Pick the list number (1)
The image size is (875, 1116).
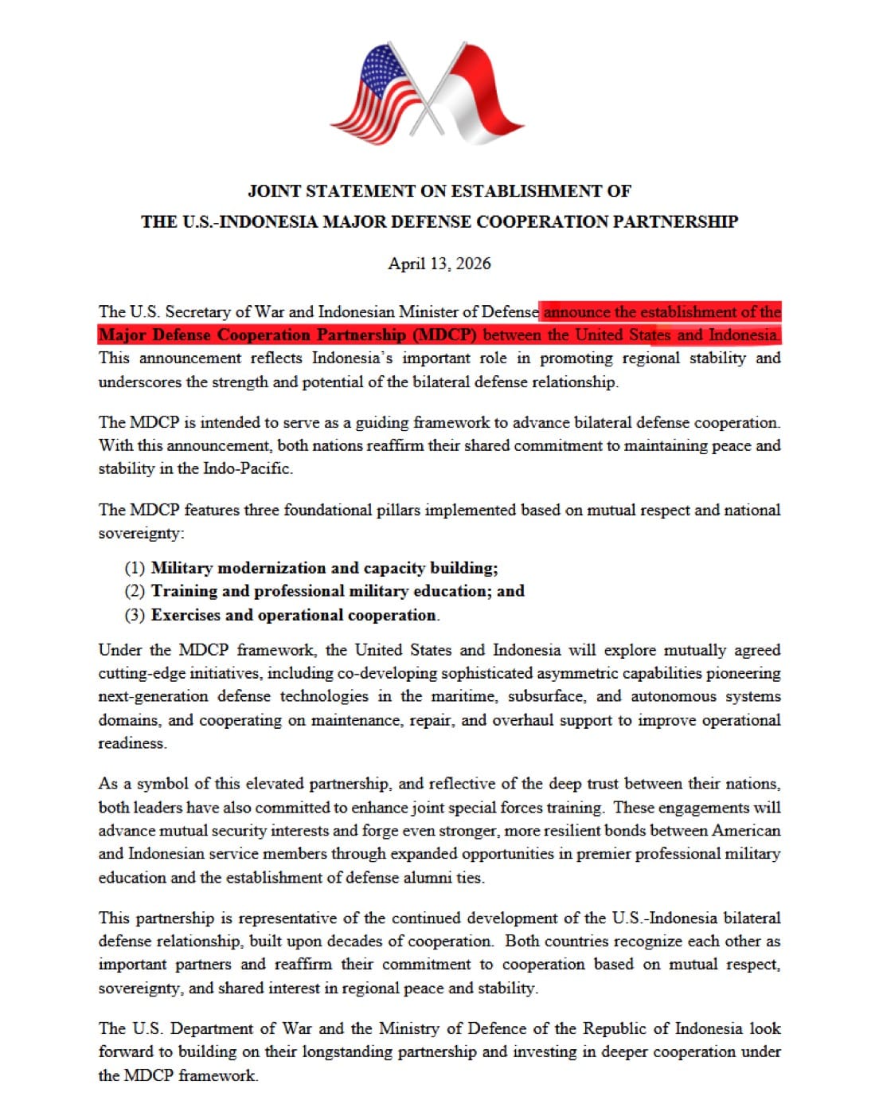coord(135,568)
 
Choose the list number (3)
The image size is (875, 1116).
coord(135,615)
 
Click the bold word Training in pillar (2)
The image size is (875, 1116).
coord(184,591)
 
